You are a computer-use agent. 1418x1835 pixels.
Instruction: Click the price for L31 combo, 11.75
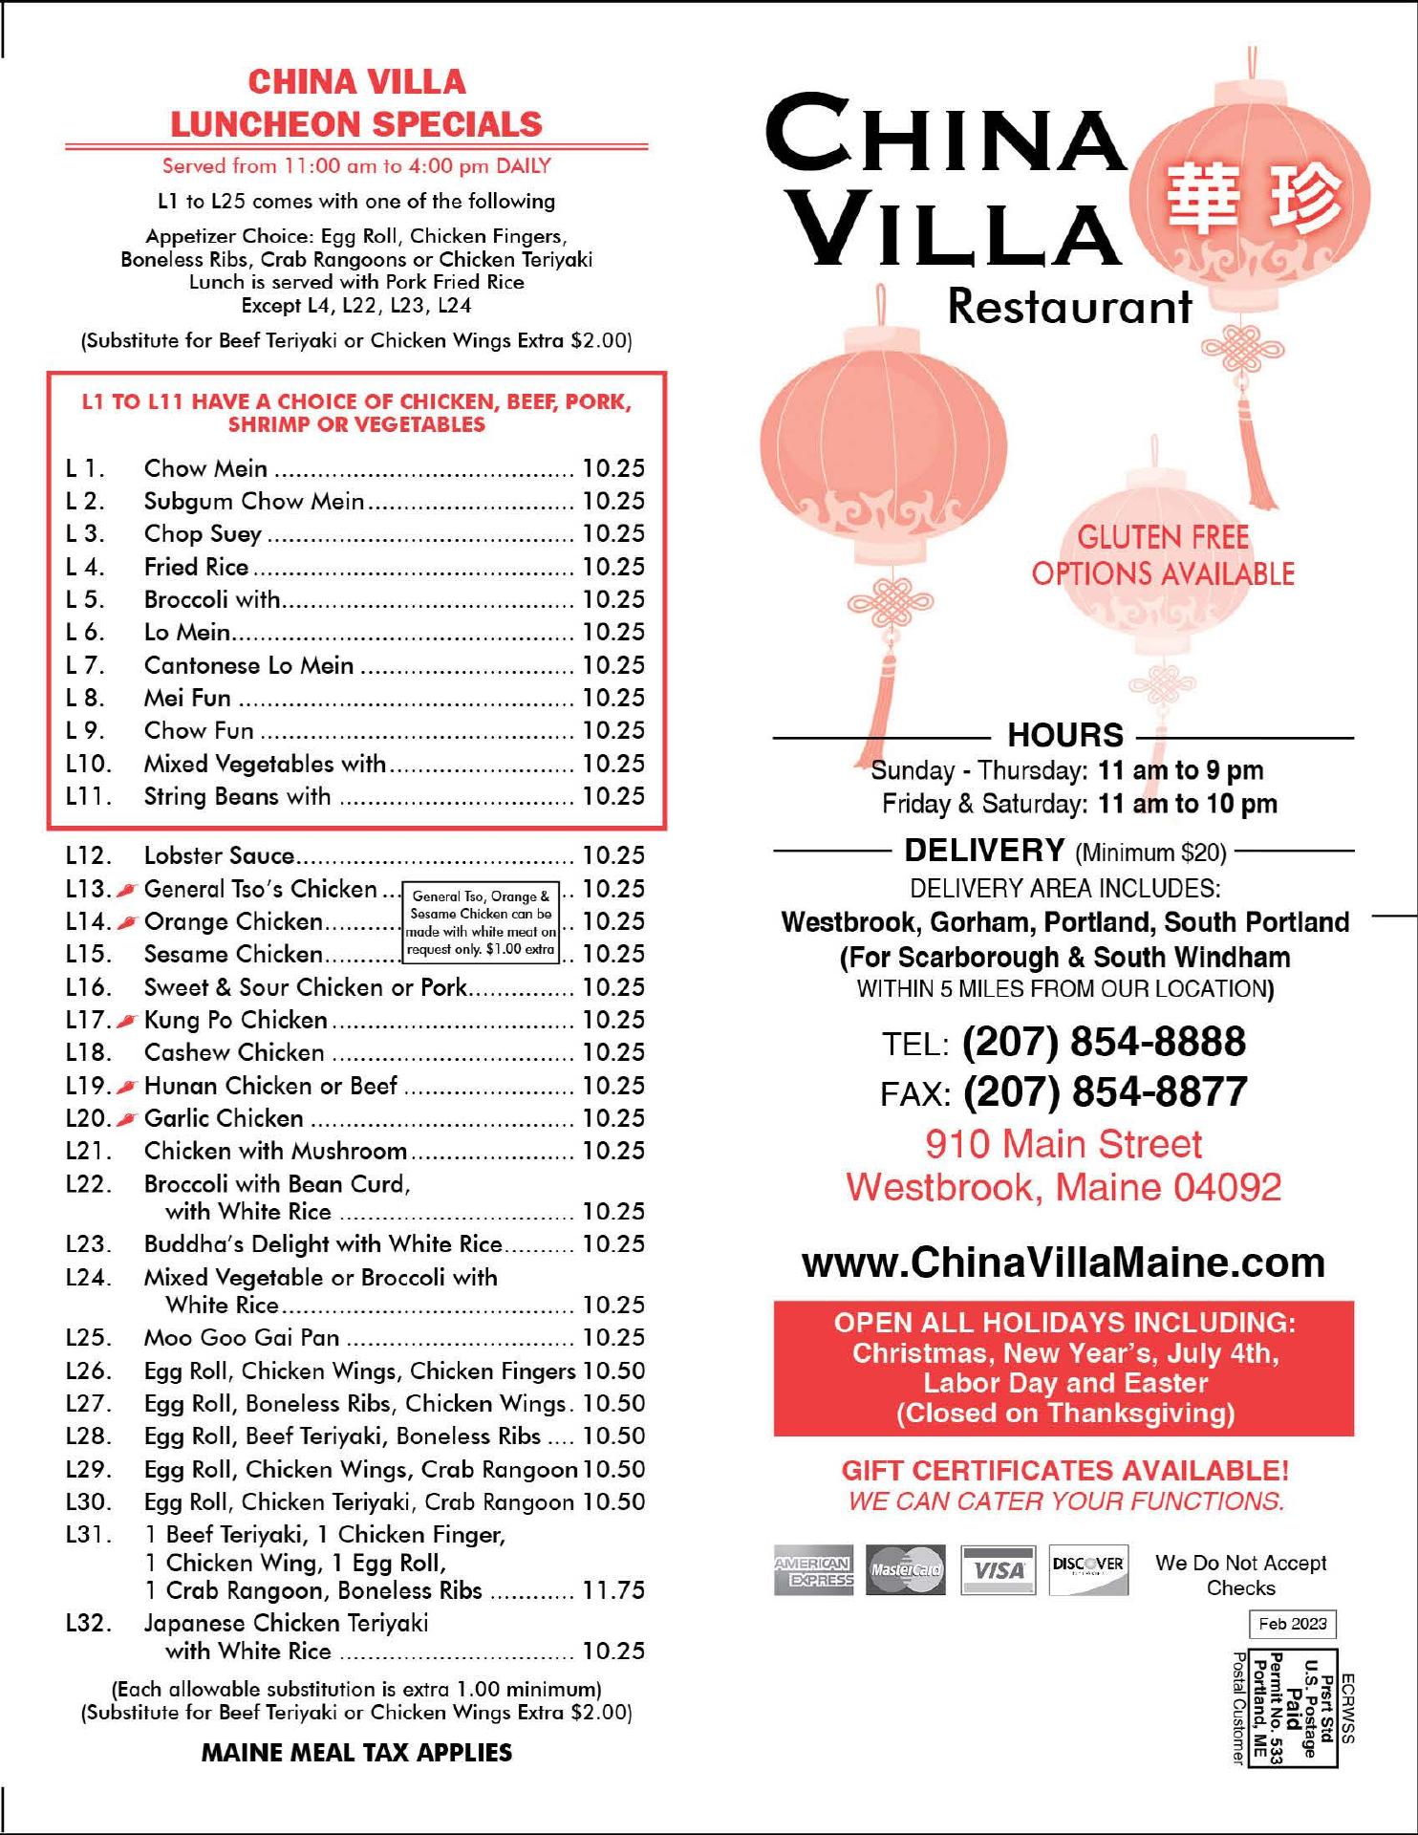click(613, 1591)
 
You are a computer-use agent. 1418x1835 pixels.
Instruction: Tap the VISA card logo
click(998, 1570)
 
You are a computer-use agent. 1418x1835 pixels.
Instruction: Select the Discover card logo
click(1088, 1569)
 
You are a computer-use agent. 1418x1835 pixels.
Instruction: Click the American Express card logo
click(814, 1570)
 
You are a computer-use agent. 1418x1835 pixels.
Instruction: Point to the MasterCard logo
click(905, 1570)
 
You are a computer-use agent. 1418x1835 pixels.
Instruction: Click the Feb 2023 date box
click(1292, 1624)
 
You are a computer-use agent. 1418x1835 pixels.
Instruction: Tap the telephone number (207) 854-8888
click(1104, 1042)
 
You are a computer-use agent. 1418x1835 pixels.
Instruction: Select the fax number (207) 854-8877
click(1105, 1092)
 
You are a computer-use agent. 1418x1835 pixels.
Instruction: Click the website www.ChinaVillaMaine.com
click(1063, 1263)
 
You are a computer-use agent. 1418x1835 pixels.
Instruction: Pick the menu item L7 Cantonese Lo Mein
click(248, 665)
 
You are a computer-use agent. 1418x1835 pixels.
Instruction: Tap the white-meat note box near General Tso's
click(481, 923)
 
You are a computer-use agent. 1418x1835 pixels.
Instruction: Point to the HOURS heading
click(1065, 735)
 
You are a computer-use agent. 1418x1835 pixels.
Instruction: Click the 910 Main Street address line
click(1063, 1144)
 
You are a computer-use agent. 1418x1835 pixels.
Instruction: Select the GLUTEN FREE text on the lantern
click(1163, 537)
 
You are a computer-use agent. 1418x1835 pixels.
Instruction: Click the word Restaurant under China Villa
click(1069, 307)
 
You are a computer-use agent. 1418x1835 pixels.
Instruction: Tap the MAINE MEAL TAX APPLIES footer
click(356, 1753)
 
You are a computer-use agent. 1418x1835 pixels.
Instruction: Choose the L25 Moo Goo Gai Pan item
click(242, 1338)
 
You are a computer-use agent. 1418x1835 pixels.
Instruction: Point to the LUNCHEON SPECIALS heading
click(356, 124)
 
